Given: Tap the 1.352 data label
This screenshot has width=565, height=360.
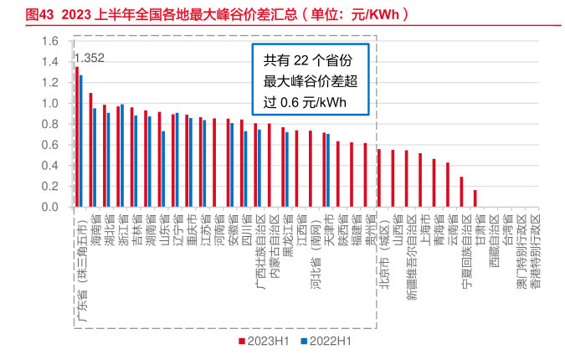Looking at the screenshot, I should click(x=90, y=58).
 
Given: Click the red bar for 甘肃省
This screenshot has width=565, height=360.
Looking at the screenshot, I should click(x=475, y=198).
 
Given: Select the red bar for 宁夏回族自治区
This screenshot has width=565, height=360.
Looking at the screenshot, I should click(x=461, y=192).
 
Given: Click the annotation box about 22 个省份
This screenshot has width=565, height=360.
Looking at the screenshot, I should click(x=305, y=80).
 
